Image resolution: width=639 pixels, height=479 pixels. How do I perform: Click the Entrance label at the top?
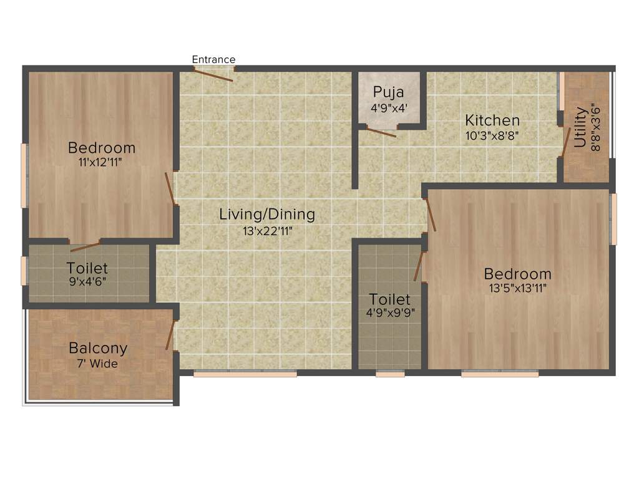point(213,60)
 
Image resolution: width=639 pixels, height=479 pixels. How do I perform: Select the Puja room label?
point(388,93)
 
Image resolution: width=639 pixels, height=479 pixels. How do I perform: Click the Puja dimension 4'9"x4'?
point(389,107)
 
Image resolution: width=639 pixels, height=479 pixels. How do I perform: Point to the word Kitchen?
point(492,120)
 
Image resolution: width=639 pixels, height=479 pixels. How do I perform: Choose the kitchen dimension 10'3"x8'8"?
point(492,134)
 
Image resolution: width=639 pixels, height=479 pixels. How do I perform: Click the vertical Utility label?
point(580,127)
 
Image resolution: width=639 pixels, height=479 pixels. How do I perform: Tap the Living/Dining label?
point(267,215)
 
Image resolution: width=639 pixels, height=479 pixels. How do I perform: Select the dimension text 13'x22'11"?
point(267,230)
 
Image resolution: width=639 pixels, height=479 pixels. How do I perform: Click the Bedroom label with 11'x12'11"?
point(102,148)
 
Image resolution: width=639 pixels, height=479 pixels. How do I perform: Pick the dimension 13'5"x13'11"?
point(518,288)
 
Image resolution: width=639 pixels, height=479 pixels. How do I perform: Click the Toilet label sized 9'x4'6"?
point(87,269)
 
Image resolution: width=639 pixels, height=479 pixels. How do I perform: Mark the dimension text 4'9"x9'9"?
point(391,313)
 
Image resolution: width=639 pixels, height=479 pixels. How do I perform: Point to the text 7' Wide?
point(98,364)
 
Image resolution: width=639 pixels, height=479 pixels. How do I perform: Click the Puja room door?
point(381,132)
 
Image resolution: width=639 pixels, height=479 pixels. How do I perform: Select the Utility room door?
point(566,142)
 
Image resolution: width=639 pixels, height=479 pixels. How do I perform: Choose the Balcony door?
point(170,336)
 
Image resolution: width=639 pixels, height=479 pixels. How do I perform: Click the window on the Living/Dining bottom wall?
point(245,374)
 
